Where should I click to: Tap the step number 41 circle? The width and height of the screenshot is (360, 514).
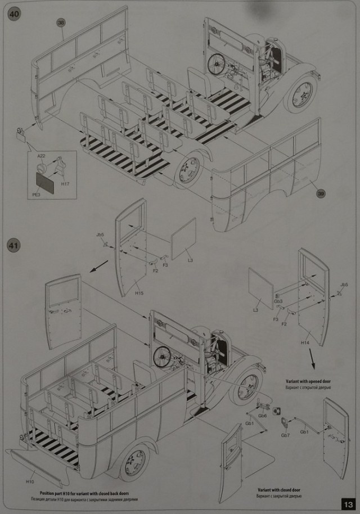pos(13,246)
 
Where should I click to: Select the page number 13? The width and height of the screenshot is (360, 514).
pos(348,503)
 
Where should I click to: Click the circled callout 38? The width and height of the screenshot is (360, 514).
pos(61,22)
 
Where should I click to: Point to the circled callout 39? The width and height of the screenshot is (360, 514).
pos(321,193)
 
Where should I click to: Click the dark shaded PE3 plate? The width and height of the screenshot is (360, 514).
pos(46,182)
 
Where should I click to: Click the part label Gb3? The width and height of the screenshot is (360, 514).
pos(278,301)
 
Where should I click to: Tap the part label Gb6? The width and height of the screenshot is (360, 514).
pos(262,415)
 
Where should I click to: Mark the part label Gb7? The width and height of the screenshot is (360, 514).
pos(285,435)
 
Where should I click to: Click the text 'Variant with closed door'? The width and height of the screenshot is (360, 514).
pos(280,490)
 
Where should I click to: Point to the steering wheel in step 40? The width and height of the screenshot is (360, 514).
pos(215,65)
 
